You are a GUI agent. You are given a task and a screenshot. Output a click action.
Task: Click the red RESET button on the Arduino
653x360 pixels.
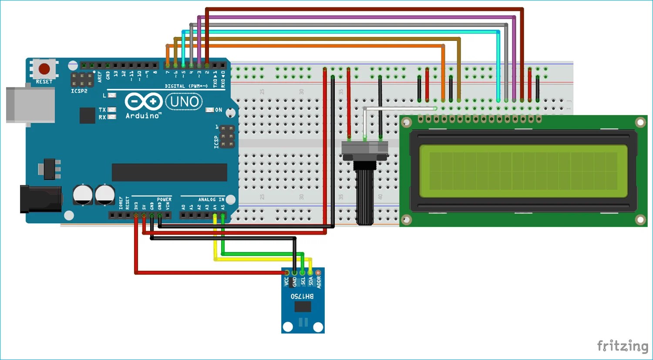tap(44, 69)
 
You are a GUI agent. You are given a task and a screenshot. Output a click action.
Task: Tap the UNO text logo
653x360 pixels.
tap(184, 102)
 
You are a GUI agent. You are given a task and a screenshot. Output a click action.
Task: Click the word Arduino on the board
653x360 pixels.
tap(143, 116)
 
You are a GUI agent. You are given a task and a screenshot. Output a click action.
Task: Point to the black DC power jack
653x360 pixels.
tap(41, 199)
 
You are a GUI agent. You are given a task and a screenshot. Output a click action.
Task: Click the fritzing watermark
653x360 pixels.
tap(623, 346)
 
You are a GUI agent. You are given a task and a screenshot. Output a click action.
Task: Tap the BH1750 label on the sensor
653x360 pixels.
tap(302, 296)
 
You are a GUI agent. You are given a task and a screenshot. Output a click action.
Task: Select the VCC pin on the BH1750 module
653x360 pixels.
tap(286, 273)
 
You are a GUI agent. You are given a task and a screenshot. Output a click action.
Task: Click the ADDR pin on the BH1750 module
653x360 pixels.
tap(318, 273)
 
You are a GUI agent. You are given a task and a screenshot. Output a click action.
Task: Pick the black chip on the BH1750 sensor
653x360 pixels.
tap(303, 306)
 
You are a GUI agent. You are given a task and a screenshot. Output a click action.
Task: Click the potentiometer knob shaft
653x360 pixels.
tap(365, 196)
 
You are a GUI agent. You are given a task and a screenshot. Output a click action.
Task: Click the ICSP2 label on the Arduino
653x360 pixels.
tap(79, 91)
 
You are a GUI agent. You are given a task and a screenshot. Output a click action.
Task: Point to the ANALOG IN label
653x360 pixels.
tap(211, 199)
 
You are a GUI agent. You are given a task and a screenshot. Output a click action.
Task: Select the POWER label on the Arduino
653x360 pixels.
tap(164, 199)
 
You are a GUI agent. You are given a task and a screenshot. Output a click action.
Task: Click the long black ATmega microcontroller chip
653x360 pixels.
tap(169, 172)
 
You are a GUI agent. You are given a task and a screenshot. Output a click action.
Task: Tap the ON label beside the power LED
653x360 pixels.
tap(219, 110)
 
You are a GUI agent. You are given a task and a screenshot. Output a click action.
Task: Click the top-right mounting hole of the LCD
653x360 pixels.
tap(640, 123)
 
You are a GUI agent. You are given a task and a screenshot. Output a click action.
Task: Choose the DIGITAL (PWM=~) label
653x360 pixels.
tap(186, 86)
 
